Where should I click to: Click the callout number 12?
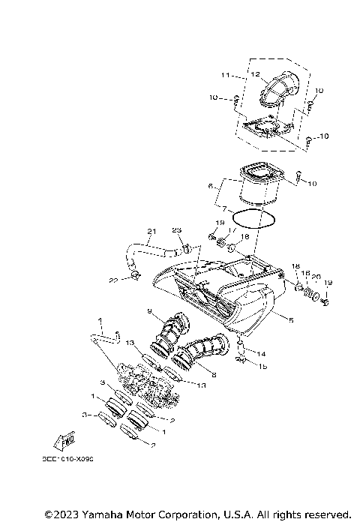[x=255, y=74]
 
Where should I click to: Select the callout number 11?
[x=224, y=75]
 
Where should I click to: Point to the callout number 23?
[x=177, y=230]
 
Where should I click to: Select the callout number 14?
[x=262, y=353]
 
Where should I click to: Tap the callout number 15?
[x=262, y=366]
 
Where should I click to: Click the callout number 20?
[x=316, y=276]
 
